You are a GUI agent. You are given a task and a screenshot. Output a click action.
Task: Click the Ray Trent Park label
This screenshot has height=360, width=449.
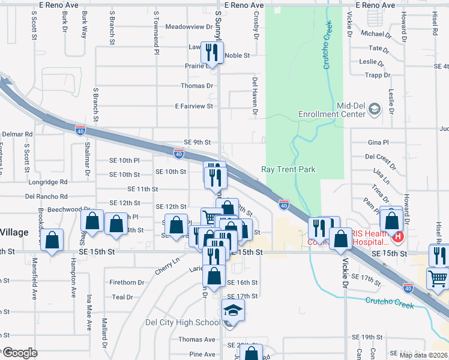[x=288, y=169]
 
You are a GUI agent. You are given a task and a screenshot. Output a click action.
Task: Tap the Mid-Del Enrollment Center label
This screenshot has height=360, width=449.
[x=334, y=109]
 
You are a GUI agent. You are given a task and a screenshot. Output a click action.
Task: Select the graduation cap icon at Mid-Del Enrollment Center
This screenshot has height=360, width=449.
[x=375, y=109]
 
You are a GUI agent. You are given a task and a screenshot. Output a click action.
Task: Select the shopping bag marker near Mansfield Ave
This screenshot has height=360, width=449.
[x=53, y=240]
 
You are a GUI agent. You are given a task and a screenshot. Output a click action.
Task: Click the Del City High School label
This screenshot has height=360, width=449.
[x=183, y=322]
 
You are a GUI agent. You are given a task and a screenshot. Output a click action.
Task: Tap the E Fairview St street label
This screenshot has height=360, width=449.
[x=194, y=106]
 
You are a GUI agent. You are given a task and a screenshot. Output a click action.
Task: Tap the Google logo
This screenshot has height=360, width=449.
[x=19, y=352]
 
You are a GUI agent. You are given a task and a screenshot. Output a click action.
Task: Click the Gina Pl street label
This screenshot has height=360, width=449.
[x=378, y=143]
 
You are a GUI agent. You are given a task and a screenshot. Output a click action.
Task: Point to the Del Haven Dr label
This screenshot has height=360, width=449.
[x=255, y=96]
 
